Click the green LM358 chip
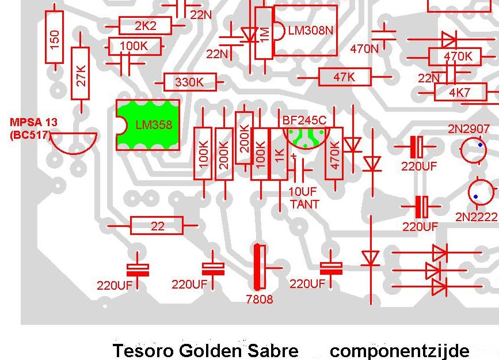[147, 125]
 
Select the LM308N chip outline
[305, 31]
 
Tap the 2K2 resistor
[145, 26]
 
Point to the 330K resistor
[190, 82]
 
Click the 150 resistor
[55, 39]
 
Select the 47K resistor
[344, 77]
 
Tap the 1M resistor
[264, 34]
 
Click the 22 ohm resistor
[157, 226]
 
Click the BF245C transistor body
[305, 138]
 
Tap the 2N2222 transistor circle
[481, 193]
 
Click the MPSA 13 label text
[33, 123]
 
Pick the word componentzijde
[399, 350]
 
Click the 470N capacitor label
[364, 49]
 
